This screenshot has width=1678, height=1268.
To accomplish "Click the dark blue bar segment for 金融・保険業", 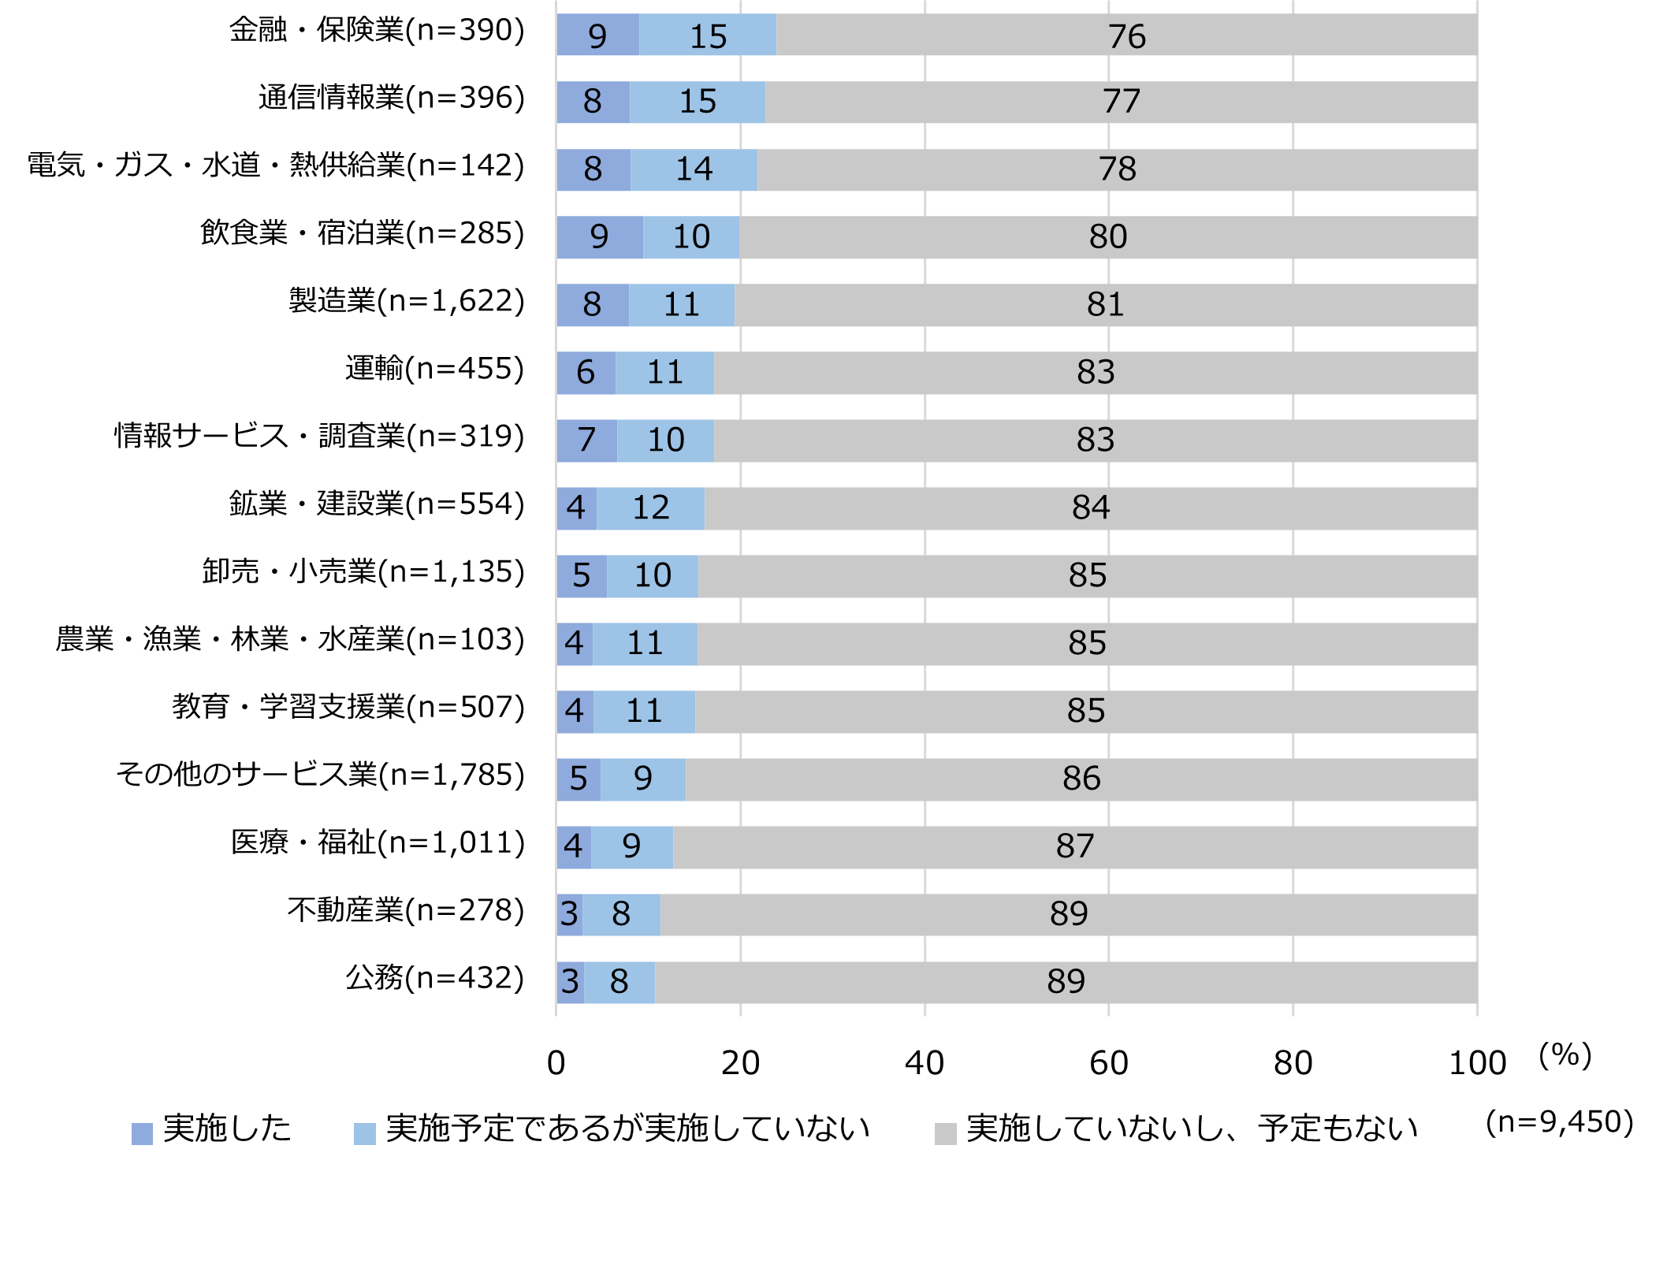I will [x=597, y=35].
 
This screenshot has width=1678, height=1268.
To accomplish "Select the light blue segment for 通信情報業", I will [x=698, y=102].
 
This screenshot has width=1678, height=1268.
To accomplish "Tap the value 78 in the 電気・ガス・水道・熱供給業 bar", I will [x=1117, y=169].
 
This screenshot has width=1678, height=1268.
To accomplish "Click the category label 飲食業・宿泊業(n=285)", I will [x=362, y=233].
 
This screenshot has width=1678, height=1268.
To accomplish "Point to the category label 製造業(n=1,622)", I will [x=406, y=301].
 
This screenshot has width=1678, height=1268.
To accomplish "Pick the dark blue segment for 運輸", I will [x=586, y=373].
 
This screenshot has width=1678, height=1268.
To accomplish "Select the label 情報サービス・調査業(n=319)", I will [x=319, y=436].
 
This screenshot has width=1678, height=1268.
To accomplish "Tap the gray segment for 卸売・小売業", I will [x=1087, y=576].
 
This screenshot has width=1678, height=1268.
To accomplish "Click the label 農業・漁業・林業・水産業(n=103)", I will [x=289, y=639].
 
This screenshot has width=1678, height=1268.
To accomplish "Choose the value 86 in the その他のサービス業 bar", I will [x=1081, y=779].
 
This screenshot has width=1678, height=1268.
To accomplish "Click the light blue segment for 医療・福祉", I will [x=631, y=847].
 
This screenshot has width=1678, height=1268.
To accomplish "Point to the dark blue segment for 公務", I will [x=570, y=983].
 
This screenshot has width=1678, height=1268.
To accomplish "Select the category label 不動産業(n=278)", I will [x=406, y=910].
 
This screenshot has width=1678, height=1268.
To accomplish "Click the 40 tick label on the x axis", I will [x=924, y=1063].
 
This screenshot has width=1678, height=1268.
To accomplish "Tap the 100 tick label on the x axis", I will [x=1477, y=1063].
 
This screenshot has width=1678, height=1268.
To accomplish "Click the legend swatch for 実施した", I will [x=142, y=1133].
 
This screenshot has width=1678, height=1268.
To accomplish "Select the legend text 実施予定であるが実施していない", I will [x=627, y=1129].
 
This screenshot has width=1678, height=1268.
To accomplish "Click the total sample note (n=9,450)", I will [x=1559, y=1122].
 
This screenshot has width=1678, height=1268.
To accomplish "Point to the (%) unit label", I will [x=1565, y=1054].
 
